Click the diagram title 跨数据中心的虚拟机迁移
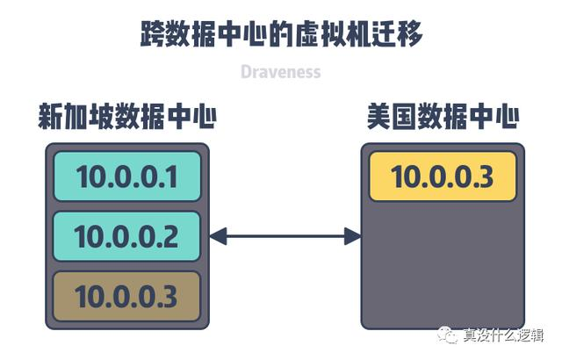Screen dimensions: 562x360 [281, 34]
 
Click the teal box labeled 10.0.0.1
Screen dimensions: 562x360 [127, 177]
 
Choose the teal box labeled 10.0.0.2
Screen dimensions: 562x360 [127, 236]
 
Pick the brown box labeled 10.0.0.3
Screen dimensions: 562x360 [127, 296]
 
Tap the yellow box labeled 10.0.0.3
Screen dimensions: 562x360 [443, 176]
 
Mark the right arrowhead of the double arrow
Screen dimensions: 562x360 [352, 235]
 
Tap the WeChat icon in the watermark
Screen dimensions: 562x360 [450, 335]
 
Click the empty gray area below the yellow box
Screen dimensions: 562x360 [443, 263]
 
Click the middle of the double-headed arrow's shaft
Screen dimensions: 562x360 [285, 235]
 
